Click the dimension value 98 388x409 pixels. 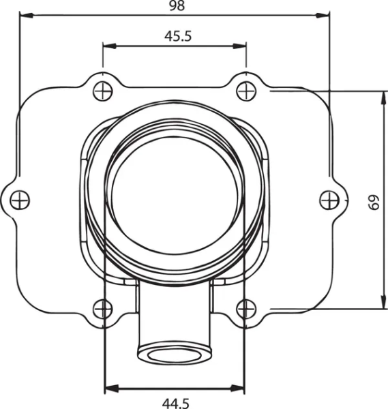(x=176, y=6)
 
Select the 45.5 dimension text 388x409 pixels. (x=177, y=36)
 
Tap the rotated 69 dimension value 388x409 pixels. (x=372, y=202)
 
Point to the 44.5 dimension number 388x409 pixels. (x=176, y=402)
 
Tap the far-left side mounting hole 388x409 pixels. (x=20, y=199)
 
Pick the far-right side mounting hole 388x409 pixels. (x=329, y=198)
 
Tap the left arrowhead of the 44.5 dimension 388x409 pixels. (x=108, y=389)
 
